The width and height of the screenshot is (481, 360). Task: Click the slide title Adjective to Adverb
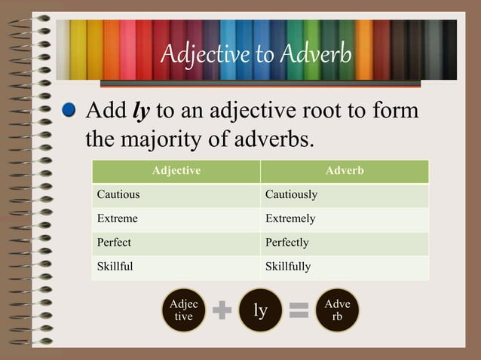(x=256, y=54)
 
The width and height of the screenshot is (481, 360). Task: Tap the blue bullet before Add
(x=70, y=111)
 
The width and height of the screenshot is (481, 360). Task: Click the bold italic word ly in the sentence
(x=141, y=111)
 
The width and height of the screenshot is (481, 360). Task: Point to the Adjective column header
(x=176, y=171)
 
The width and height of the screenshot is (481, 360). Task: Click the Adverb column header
(x=345, y=171)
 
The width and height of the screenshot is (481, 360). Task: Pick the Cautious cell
(x=118, y=194)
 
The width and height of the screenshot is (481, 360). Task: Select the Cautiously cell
(x=291, y=194)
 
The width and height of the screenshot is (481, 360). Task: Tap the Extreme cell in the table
(x=118, y=218)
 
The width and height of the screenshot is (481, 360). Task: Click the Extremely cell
(x=290, y=218)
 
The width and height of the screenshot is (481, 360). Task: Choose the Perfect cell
(x=114, y=243)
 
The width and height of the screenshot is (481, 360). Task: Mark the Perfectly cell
(x=287, y=243)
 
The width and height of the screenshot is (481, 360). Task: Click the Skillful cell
(x=115, y=267)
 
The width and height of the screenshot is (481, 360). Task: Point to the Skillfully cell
(x=288, y=267)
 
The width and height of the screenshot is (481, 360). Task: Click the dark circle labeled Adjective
(x=184, y=310)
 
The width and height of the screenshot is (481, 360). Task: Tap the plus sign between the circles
(x=222, y=310)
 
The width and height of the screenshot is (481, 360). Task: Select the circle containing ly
(x=260, y=310)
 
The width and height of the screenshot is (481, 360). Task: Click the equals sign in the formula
(x=299, y=310)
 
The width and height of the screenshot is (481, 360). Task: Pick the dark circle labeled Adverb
(x=337, y=310)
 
